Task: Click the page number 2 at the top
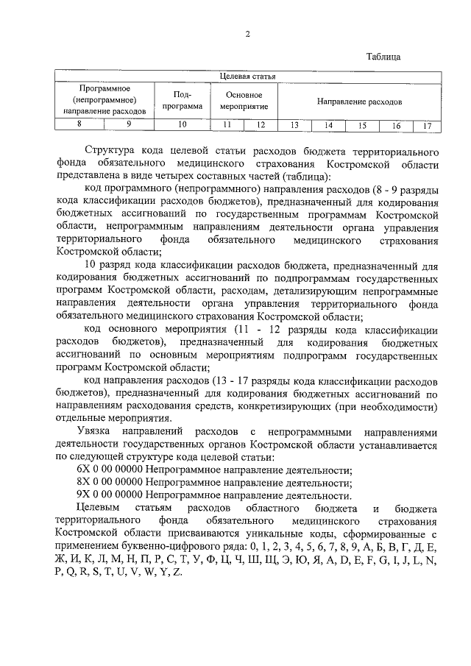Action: coord(248,34)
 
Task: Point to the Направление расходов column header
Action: coord(359,100)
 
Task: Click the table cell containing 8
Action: coord(79,124)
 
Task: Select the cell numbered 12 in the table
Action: coord(260,124)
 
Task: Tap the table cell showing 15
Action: coord(361,125)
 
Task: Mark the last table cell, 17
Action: coord(426,125)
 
